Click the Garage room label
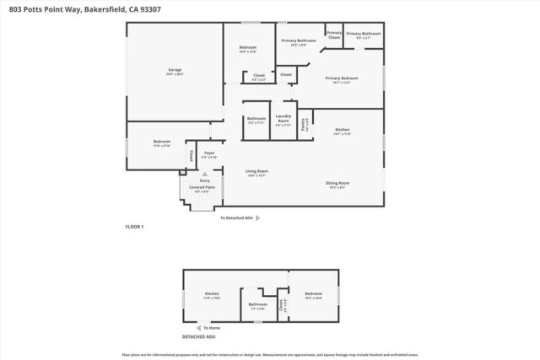click(175, 70)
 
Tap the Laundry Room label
click(283, 116)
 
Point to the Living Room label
click(256, 172)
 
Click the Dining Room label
click(337, 183)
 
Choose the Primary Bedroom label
click(343, 78)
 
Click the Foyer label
click(208, 153)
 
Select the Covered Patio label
click(202, 186)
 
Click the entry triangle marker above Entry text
click(204, 173)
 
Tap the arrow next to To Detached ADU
click(256, 218)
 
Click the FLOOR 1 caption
click(135, 228)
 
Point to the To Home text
click(211, 327)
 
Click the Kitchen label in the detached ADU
click(212, 293)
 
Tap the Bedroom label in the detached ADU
click(313, 294)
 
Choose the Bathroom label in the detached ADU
click(257, 304)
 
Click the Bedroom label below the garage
click(161, 142)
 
